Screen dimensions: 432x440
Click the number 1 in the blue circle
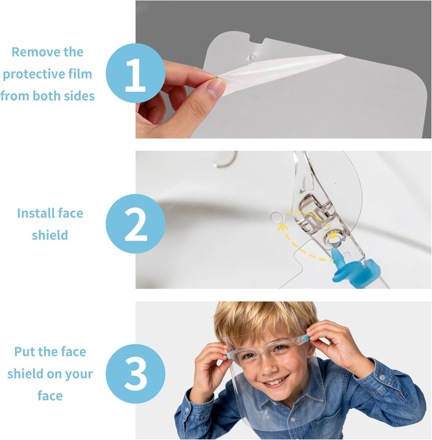tap(135, 75)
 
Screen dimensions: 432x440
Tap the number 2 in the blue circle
tap(136, 224)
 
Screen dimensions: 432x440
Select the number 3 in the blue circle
tap(136, 374)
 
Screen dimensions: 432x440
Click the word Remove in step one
tap(30, 52)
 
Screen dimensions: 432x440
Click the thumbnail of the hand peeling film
tap(283, 69)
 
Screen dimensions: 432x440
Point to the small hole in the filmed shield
tap(251, 57)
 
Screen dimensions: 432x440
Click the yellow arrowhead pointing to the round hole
tap(281, 227)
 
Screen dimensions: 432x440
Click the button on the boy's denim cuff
tap(381, 378)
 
